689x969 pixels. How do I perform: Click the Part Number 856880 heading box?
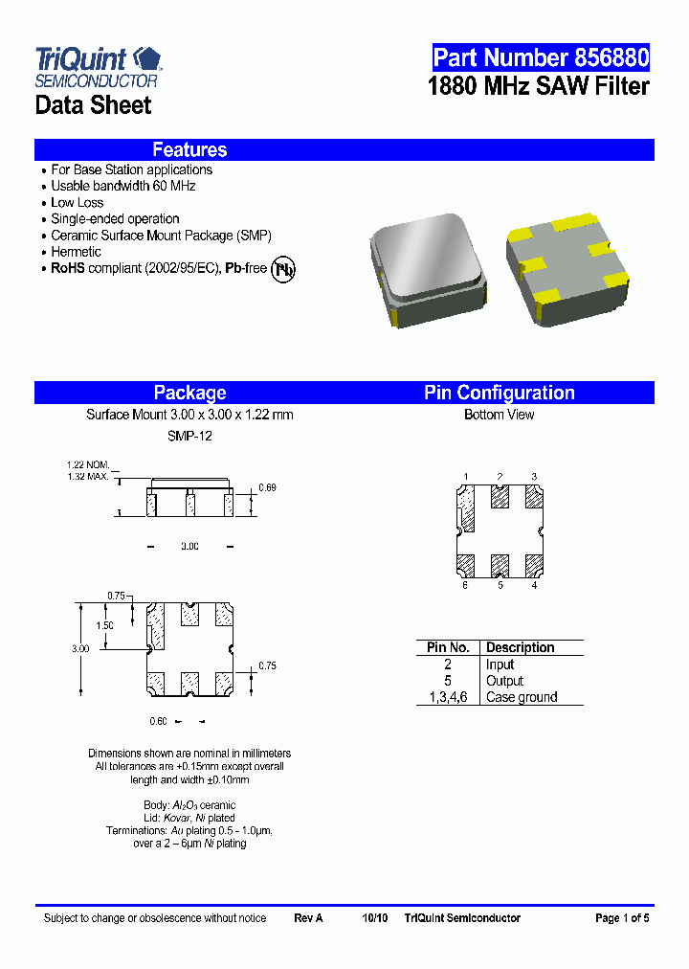pos(540,57)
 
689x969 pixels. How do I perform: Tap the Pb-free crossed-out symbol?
pos(283,269)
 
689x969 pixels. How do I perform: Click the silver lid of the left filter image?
pos(427,259)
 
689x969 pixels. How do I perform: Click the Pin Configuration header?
pos(499,393)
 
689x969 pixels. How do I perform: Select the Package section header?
pos(189,393)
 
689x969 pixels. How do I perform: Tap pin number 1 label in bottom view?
pos(466,476)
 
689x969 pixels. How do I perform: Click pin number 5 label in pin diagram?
pos(500,585)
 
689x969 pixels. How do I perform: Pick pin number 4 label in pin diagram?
pos(534,585)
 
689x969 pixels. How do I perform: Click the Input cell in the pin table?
pos(500,665)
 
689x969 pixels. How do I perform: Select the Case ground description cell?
pos(521,697)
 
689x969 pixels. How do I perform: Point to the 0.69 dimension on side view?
pos(268,488)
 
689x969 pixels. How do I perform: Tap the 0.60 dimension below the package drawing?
pos(158,721)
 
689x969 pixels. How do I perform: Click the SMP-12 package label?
pos(189,436)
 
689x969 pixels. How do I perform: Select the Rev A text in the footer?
pos(308,918)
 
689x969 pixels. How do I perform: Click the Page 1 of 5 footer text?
pos(622,918)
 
